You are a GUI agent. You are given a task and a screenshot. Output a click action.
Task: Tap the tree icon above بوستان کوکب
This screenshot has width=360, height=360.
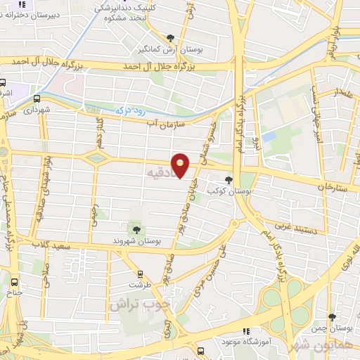(229, 179)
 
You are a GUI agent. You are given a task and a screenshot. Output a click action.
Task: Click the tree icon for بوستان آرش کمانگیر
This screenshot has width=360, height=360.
(170, 38)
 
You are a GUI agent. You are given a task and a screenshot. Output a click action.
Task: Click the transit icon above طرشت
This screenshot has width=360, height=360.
(139, 274)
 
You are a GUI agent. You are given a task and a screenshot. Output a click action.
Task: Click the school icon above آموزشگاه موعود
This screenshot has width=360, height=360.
(245, 331)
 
